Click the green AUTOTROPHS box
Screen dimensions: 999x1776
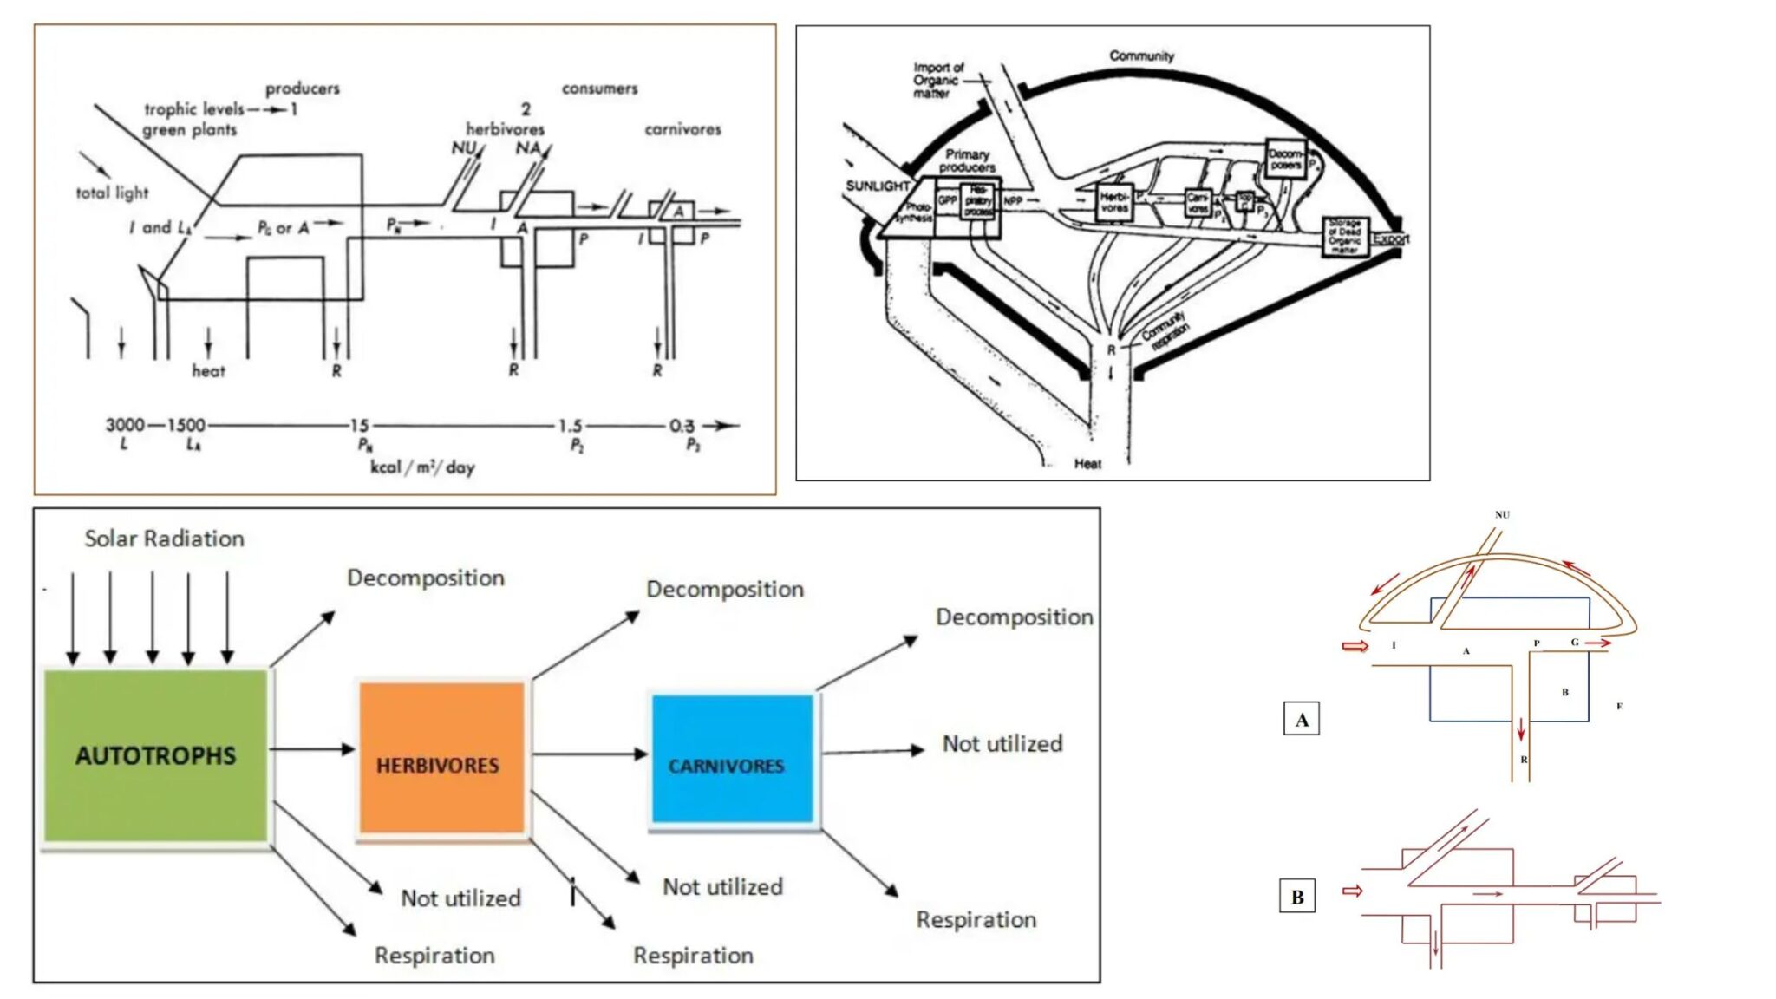(156, 754)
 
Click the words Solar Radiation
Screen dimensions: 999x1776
(164, 539)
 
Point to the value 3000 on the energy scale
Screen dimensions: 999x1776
(125, 425)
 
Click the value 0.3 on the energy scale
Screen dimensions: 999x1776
(682, 426)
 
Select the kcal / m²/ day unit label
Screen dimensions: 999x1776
(422, 467)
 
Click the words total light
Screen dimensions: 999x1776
(112, 193)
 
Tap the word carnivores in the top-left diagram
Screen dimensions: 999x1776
(682, 129)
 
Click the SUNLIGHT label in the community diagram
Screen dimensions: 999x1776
(877, 186)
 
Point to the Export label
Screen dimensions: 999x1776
(1390, 238)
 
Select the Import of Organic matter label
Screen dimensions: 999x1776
(937, 80)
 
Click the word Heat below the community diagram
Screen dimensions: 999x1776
(1087, 464)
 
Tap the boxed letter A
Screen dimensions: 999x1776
(1301, 719)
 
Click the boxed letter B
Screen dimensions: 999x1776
(1297, 897)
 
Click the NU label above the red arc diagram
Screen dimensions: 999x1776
(1502, 514)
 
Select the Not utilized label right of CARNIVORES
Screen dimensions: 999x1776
(1002, 743)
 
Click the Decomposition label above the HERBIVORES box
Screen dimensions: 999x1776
(425, 578)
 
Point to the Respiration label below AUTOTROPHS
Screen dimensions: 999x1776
(434, 955)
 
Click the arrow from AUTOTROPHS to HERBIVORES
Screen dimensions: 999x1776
(312, 748)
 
